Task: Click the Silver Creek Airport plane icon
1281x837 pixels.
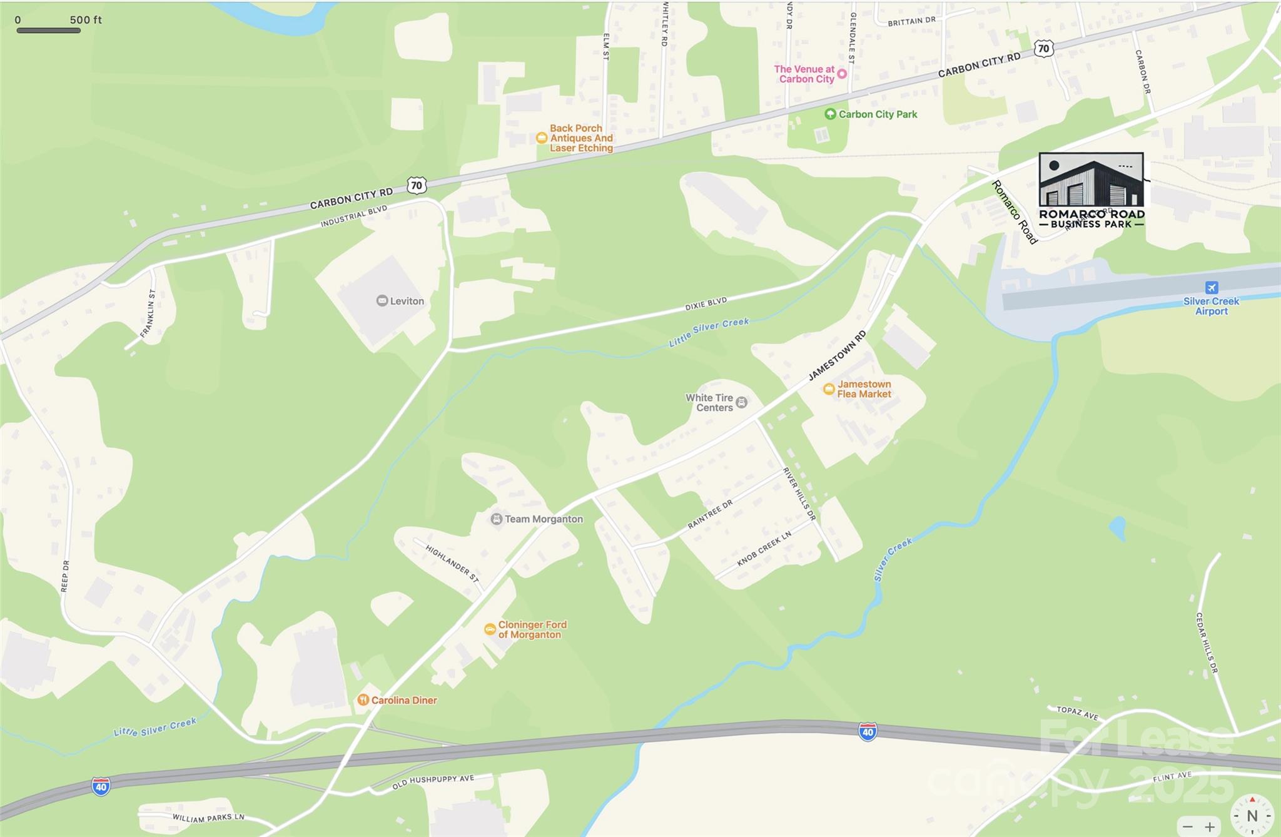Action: pyautogui.click(x=1212, y=288)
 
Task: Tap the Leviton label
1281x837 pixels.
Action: pyautogui.click(x=407, y=301)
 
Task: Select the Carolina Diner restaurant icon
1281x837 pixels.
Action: pyautogui.click(x=363, y=700)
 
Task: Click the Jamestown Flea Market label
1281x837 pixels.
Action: pyautogui.click(x=864, y=389)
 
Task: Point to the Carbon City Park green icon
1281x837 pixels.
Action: pyautogui.click(x=830, y=114)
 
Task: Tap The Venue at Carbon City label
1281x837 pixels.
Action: pyautogui.click(x=804, y=74)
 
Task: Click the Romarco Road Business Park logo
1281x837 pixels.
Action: pyautogui.click(x=1091, y=190)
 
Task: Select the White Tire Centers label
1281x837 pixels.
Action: pyautogui.click(x=709, y=402)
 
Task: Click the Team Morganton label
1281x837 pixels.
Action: pyautogui.click(x=544, y=519)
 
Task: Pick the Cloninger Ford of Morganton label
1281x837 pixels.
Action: pyautogui.click(x=532, y=629)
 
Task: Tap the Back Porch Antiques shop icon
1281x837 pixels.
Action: pyautogui.click(x=542, y=138)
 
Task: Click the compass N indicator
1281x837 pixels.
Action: pyautogui.click(x=1252, y=815)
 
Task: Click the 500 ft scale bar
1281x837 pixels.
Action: pyautogui.click(x=48, y=30)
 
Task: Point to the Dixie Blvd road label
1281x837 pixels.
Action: pyautogui.click(x=706, y=305)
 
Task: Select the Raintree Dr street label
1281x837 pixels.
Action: pyautogui.click(x=710, y=515)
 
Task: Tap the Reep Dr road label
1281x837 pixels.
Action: pyautogui.click(x=65, y=576)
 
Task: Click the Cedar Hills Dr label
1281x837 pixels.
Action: pyautogui.click(x=1207, y=642)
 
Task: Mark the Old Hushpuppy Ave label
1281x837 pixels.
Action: pyautogui.click(x=433, y=781)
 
